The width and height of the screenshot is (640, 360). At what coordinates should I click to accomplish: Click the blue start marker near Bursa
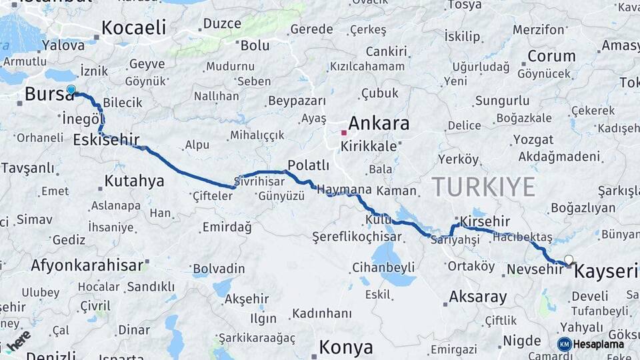(71, 89)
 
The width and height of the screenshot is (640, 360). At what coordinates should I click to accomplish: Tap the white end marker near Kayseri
(568, 259)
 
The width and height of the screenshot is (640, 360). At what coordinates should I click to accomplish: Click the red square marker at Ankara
(343, 133)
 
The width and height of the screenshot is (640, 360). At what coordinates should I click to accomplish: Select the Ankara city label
(379, 124)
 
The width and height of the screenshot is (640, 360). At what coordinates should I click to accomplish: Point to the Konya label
(345, 347)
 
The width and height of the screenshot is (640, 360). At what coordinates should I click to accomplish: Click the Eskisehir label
(106, 140)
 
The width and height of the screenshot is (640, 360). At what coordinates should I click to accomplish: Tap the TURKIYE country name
(483, 187)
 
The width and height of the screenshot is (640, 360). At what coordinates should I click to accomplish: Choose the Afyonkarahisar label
(87, 265)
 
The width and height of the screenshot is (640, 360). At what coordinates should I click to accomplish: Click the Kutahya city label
(134, 181)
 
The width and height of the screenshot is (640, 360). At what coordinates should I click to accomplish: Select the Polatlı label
(308, 165)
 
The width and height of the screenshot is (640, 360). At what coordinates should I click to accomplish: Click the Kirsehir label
(485, 221)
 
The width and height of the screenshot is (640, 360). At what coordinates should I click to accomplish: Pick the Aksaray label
(478, 297)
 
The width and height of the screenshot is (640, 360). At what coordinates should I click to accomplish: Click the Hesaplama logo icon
(564, 344)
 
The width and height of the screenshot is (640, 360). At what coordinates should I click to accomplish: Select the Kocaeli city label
(133, 27)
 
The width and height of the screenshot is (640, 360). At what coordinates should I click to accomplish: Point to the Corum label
(551, 56)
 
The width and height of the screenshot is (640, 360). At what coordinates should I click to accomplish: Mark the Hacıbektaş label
(523, 237)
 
